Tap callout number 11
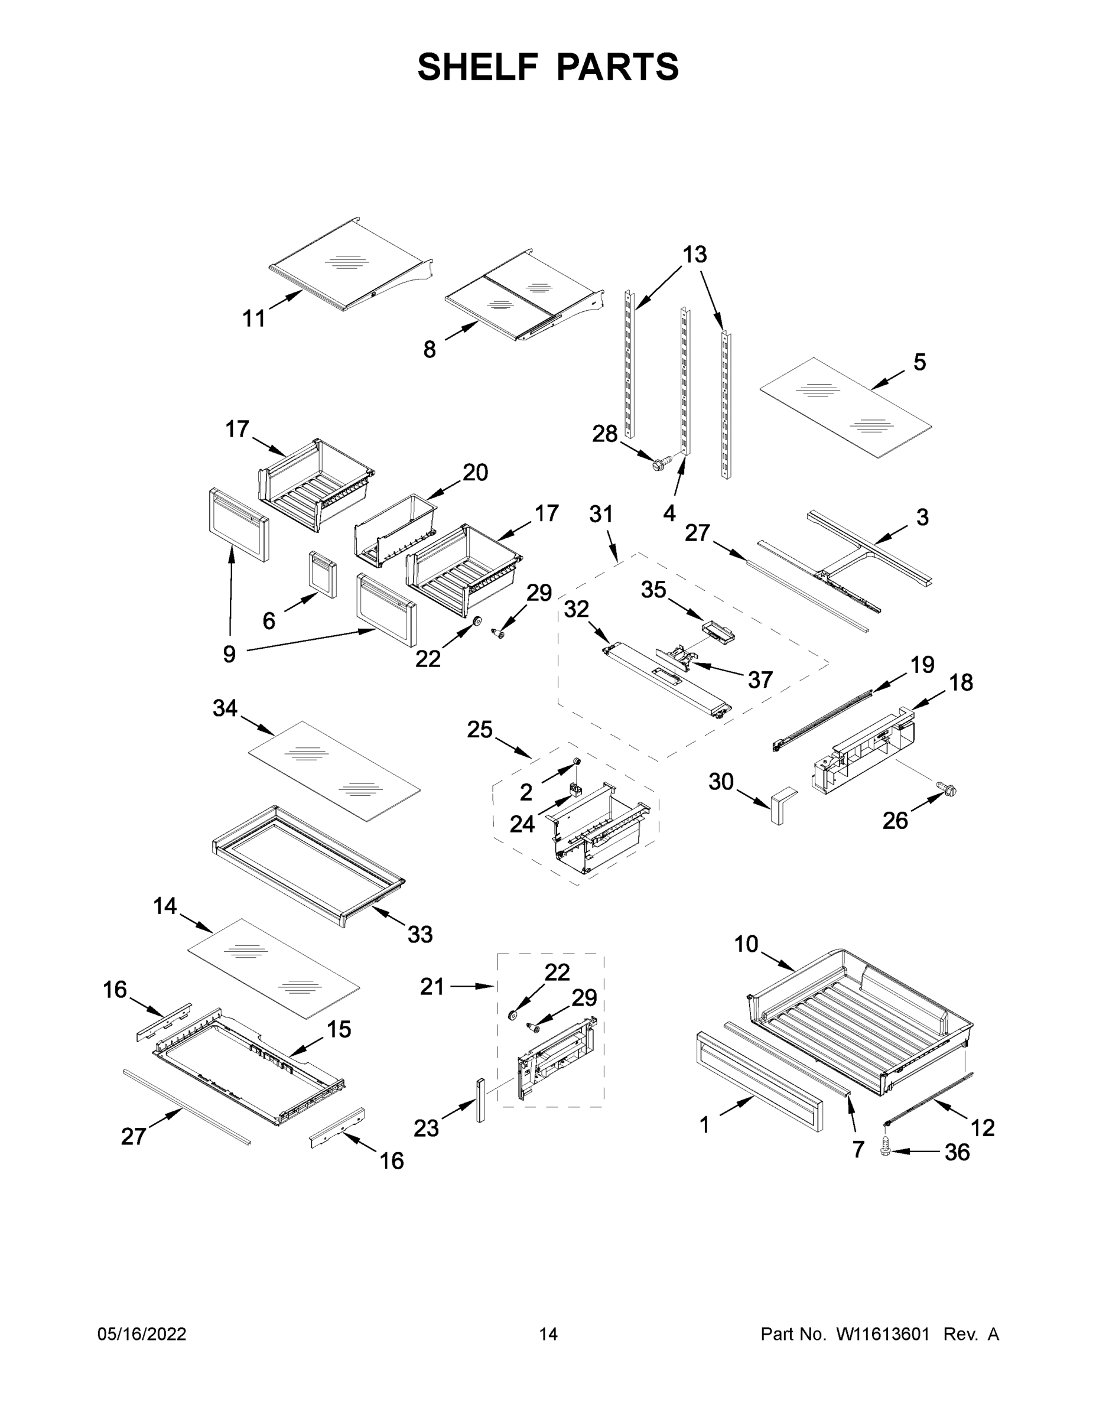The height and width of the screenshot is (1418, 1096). [254, 319]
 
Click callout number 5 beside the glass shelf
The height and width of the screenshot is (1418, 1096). [919, 362]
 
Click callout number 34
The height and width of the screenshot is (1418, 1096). [225, 708]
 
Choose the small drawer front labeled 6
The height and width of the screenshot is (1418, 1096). [323, 574]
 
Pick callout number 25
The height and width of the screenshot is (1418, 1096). [479, 730]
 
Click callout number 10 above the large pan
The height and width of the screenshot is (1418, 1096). [746, 944]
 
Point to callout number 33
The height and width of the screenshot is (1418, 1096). [419, 934]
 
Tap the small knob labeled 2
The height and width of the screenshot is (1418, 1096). [575, 762]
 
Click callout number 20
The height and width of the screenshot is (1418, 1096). [474, 473]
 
